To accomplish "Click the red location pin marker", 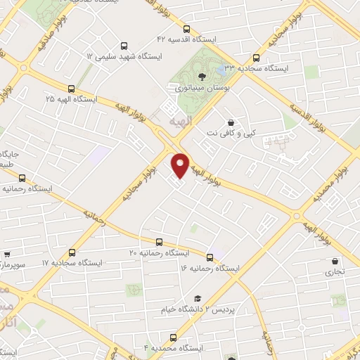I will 181,165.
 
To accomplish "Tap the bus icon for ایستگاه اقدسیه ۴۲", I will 186,29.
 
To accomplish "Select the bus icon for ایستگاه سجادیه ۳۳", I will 255,58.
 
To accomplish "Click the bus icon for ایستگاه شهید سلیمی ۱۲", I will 124,44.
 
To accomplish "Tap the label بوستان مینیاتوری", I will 199,88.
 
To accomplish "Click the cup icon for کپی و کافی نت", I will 231,121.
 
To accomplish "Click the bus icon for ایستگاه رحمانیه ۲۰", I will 158,241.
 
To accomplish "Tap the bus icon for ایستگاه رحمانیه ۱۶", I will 210,257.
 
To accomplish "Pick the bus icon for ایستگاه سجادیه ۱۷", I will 72,252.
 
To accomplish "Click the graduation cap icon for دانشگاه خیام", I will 198,298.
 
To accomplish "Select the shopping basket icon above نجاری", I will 335,262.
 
